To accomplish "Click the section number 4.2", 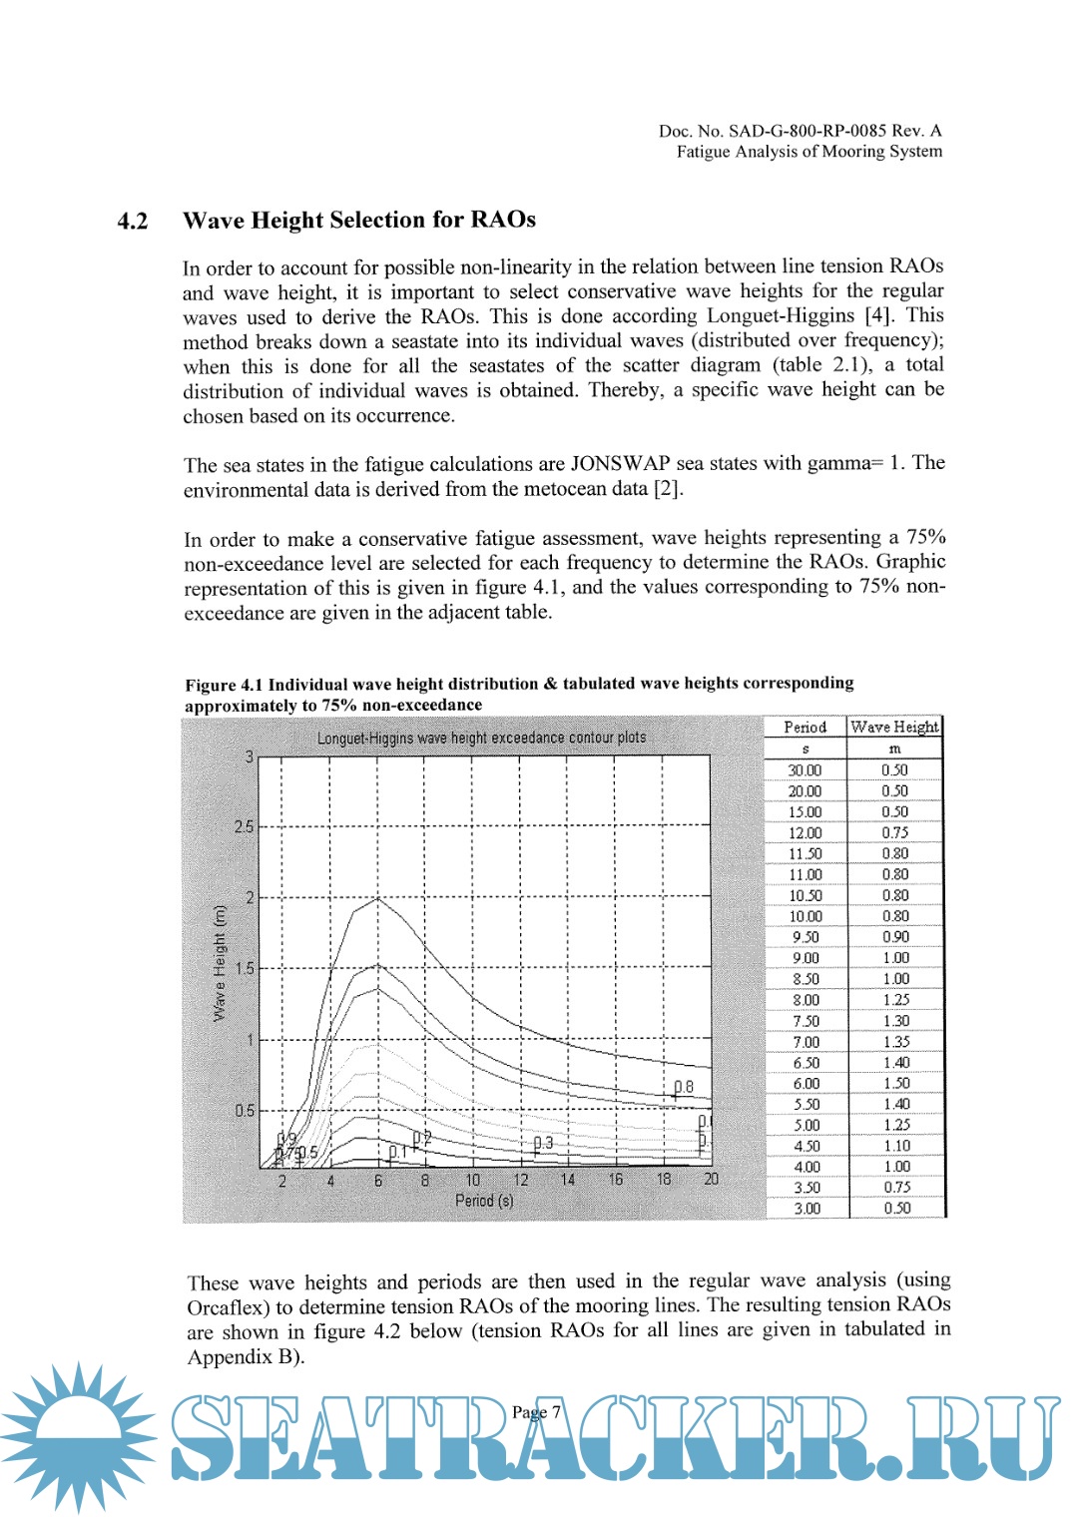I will coord(133,222).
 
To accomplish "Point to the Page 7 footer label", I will coord(536,1412).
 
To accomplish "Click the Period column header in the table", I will coord(805,728).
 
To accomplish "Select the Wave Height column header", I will coord(894,728).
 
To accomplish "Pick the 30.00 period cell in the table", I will coord(805,770).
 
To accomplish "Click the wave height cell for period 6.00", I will coord(895,1084).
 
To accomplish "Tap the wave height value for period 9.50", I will coord(895,937).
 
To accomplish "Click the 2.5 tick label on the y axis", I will coord(244,827).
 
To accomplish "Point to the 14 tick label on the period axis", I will coord(568,1180).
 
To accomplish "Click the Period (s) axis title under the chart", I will coord(484,1201).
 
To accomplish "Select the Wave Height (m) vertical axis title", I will coord(220,962).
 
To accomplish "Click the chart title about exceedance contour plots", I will coord(481,738).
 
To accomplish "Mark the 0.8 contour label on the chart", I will coord(684,1087).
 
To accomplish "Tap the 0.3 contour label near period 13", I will coord(543,1143).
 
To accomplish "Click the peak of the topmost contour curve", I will coord(377,898).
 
